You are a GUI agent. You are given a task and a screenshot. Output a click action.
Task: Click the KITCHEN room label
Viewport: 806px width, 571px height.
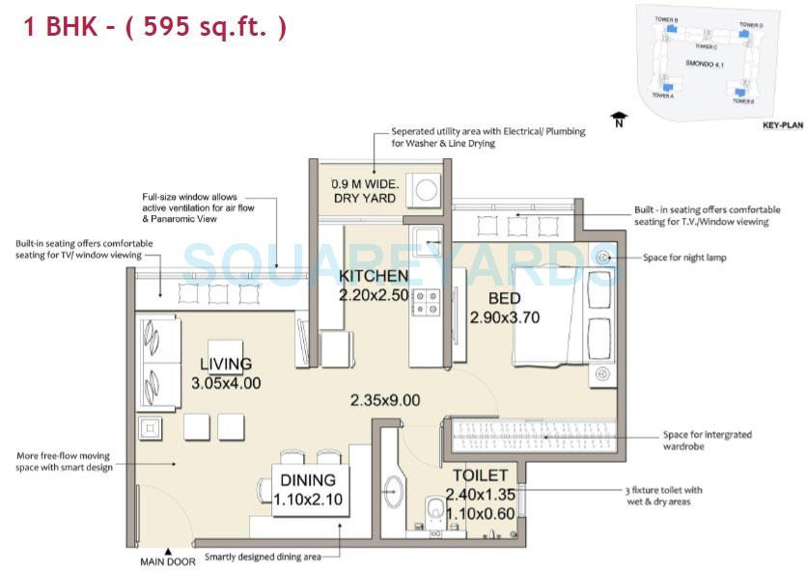tap(374, 277)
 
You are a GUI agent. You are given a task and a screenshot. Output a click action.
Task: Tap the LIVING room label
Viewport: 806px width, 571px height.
tap(225, 364)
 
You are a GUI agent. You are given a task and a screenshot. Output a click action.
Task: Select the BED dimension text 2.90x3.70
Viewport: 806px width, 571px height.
tap(504, 316)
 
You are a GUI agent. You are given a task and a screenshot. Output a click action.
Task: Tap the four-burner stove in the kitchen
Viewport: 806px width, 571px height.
tap(426, 303)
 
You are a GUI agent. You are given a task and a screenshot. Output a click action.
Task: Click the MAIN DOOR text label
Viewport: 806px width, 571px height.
tap(168, 560)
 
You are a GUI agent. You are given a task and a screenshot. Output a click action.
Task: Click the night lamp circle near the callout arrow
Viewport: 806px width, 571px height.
tap(605, 258)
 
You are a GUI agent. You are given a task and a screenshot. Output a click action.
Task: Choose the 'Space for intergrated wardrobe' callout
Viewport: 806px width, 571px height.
tap(707, 440)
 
